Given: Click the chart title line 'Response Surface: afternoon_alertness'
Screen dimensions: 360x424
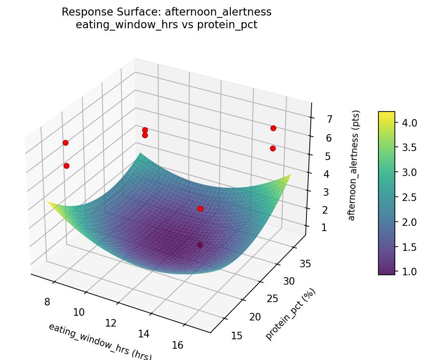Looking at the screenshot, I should (x=166, y=12).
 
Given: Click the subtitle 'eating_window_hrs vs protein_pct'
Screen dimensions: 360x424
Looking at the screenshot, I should (x=166, y=25).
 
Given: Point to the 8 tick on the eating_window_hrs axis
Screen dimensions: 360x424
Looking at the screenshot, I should (x=47, y=301).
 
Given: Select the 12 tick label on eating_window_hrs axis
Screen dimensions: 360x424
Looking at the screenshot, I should (x=111, y=323).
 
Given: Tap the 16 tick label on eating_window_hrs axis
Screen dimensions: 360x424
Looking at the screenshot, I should (x=177, y=345).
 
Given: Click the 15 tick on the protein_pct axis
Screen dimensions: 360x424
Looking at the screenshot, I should (x=237, y=335).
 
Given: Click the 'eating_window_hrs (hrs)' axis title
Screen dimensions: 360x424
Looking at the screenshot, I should (x=100, y=341).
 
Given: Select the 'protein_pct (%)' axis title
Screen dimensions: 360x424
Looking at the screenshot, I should (x=291, y=314).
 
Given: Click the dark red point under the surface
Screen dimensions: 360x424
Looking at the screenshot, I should (x=200, y=245).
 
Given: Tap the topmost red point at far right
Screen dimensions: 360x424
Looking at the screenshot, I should (x=273, y=128).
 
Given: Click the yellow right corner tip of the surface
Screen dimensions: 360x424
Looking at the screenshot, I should (x=290, y=175).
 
